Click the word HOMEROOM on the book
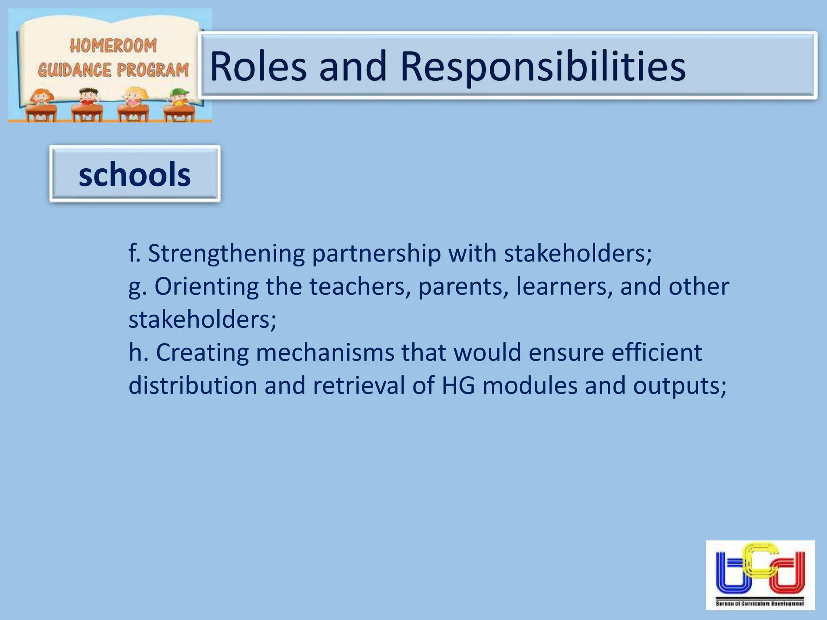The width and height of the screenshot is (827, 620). pyautogui.click(x=113, y=46)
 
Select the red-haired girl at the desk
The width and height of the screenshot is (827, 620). pyautogui.click(x=41, y=99)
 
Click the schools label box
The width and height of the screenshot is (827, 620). pyautogui.click(x=135, y=174)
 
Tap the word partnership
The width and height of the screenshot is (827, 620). pyautogui.click(x=376, y=254)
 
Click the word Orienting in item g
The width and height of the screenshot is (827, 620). pyautogui.click(x=206, y=287)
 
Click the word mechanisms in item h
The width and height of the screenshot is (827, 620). pyautogui.click(x=325, y=353)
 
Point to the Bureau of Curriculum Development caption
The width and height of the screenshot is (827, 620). pyautogui.click(x=760, y=603)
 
